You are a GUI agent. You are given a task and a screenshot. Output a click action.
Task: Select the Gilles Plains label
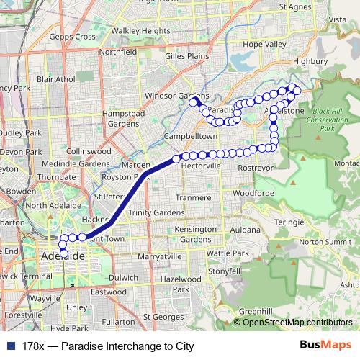pos(186,55)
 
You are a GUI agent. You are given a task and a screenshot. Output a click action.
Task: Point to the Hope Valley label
pos(264,44)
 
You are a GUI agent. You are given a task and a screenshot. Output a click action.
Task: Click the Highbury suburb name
pos(311,62)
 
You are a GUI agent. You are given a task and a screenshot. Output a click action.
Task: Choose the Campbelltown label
pos(191,135)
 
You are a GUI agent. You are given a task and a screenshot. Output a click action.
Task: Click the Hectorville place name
pos(201,166)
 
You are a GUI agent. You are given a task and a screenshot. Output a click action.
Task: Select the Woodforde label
pos(254,193)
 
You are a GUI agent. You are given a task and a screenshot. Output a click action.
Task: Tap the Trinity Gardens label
pos(156,212)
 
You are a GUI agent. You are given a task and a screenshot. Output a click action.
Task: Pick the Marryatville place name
pos(158,256)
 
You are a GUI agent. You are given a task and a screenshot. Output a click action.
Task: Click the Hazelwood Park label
pos(182,282)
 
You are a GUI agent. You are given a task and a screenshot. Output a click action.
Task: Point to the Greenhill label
pos(256,310)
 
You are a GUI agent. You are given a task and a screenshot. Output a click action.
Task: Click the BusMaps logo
pos(326,346)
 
